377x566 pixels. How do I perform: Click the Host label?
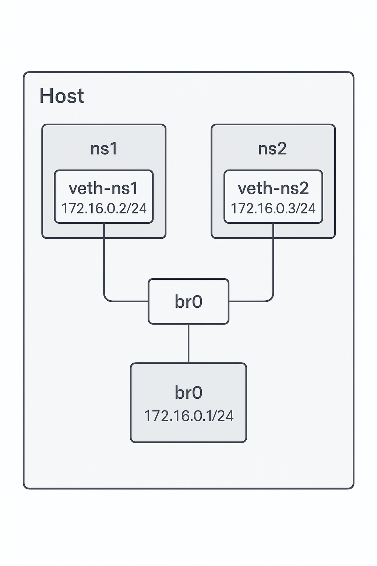point(61,96)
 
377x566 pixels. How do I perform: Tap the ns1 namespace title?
point(104,149)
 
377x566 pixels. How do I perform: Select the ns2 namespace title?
point(272,149)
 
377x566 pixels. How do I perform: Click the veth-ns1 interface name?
point(103,188)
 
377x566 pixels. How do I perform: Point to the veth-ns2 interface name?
point(273,188)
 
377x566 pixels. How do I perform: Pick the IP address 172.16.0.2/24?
point(104,209)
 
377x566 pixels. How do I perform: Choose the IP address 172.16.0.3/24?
point(273,209)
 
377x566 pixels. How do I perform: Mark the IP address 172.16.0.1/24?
point(188,416)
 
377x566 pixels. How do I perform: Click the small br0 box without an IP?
point(188,301)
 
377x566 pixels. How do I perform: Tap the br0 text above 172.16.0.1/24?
point(188,393)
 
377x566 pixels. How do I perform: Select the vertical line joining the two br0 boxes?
point(188,343)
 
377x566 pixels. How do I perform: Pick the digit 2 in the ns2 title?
point(282,149)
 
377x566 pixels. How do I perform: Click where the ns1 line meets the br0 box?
point(148,301)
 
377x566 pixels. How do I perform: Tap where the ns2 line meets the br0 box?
point(229,301)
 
